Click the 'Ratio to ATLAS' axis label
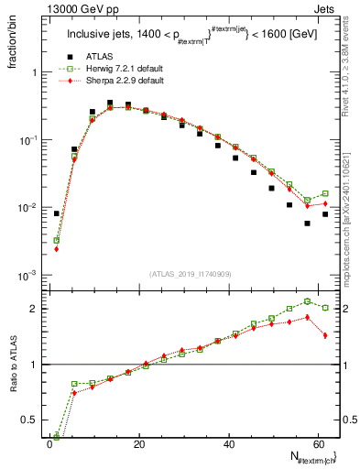(x=14, y=365)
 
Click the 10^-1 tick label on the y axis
(x=28, y=140)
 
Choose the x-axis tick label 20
(x=139, y=444)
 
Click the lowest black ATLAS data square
(x=308, y=223)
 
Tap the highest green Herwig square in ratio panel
(x=308, y=301)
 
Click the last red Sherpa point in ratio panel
(x=325, y=335)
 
